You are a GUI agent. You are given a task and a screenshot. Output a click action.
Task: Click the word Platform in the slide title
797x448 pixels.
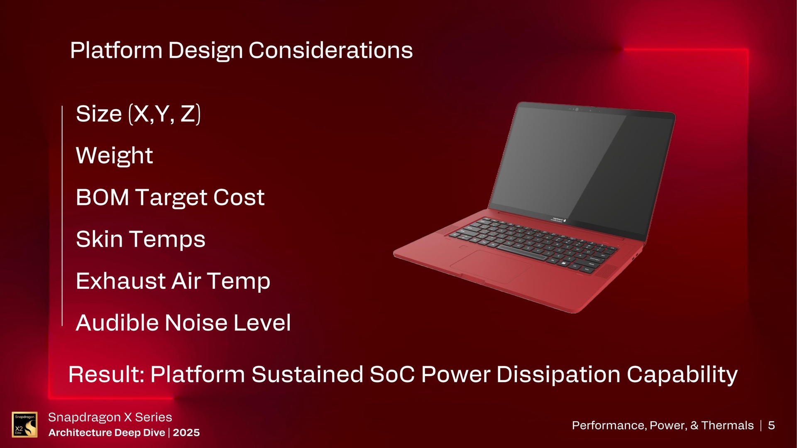coord(116,51)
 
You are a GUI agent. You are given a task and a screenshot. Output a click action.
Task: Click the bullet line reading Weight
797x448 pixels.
coord(114,156)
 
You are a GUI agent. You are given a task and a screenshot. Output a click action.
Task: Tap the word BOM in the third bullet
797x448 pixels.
coord(102,197)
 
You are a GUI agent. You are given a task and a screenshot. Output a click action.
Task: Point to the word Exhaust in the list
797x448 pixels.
coord(121,281)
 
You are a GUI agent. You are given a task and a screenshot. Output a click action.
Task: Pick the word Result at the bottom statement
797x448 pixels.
coord(106,374)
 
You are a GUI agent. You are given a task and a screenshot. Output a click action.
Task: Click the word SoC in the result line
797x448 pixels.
coord(392,374)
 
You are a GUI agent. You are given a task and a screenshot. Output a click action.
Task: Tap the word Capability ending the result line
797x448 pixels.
coord(682,374)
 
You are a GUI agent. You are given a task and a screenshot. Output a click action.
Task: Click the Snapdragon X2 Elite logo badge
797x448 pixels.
coord(24,424)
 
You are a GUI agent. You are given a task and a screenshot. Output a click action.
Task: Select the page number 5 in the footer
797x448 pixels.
coord(771,425)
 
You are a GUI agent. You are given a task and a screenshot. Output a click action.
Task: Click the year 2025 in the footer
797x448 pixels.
coord(186,433)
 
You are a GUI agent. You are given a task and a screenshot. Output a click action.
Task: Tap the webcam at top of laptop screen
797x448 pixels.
coord(577,109)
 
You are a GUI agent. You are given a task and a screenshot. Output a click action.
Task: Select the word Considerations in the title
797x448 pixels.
coord(330,51)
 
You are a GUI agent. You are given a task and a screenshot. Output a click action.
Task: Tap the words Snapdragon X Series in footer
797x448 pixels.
coord(110,417)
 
